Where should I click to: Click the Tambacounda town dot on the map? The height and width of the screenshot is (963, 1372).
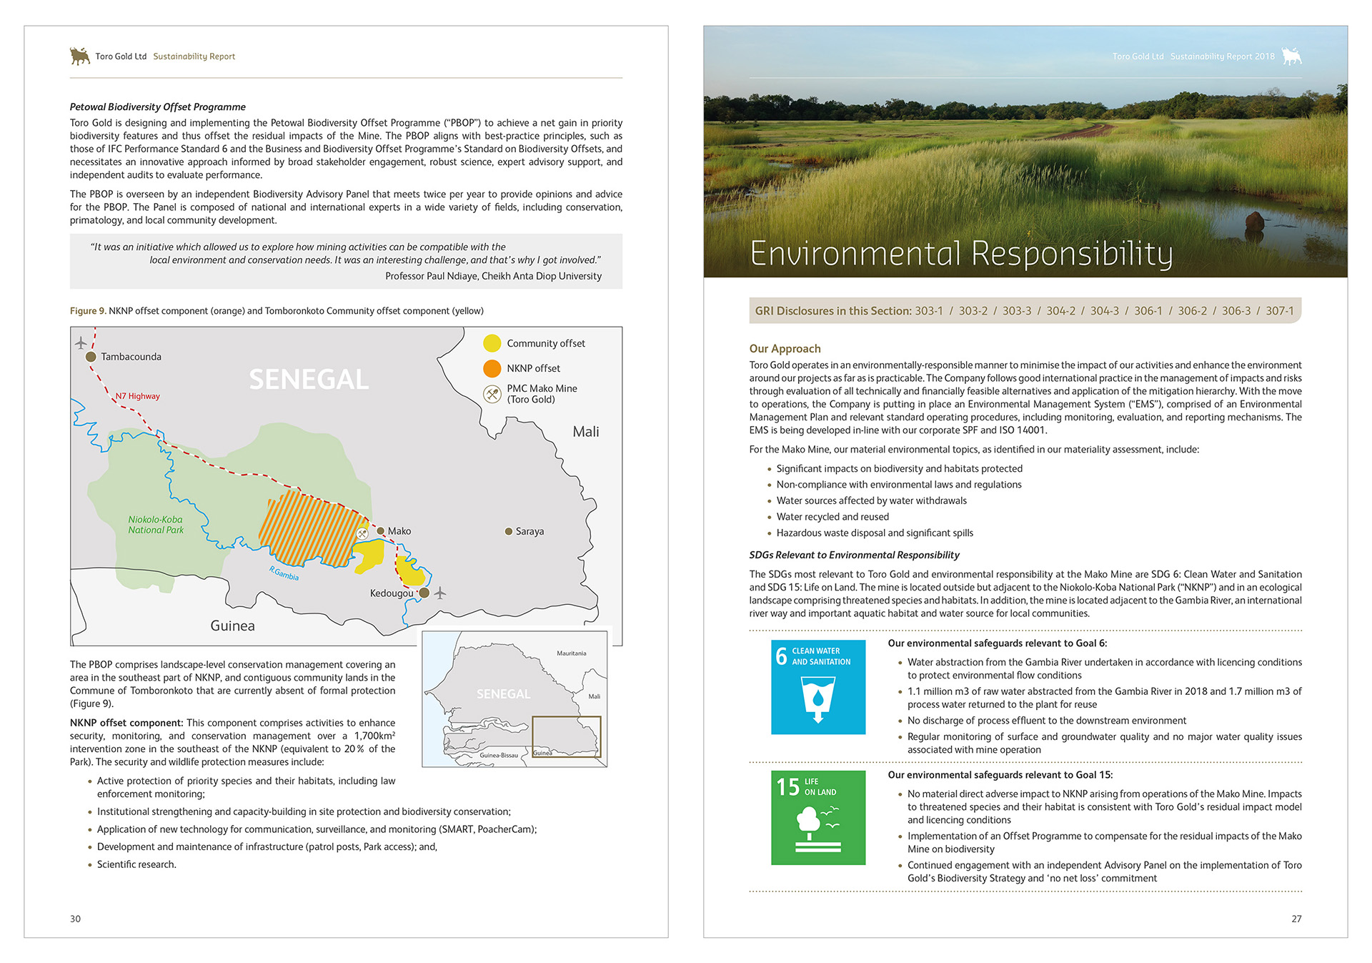pos(91,357)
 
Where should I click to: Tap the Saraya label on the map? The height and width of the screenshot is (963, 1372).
pos(530,531)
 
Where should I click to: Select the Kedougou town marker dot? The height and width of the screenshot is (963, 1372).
pos(424,593)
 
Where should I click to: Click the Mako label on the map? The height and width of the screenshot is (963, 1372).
pos(399,531)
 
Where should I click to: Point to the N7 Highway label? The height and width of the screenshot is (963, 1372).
pos(138,396)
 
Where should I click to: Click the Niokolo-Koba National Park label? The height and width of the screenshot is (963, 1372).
pos(156,525)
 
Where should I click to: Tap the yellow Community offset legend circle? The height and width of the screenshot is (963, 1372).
pos(492,344)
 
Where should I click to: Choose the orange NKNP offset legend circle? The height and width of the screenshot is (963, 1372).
pos(492,368)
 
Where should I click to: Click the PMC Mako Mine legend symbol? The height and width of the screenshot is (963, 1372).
pos(492,394)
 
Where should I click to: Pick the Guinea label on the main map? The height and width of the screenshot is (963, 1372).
pos(232,626)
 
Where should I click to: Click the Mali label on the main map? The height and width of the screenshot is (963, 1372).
pos(585,432)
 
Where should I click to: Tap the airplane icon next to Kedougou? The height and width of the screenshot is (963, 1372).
pos(440,593)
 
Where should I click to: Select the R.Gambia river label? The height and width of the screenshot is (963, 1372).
pos(284,573)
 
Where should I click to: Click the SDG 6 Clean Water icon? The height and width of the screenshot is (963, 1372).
pos(818,687)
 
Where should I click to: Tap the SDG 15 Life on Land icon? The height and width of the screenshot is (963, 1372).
pos(818,817)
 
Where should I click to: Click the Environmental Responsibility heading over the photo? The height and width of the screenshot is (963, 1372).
pos(961,254)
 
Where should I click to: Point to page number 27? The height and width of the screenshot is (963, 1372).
pos(1296,919)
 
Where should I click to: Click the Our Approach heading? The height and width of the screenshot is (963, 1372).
pos(785,349)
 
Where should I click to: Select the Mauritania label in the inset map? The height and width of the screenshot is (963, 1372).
pos(571,653)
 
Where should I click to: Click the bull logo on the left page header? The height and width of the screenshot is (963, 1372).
pos(80,56)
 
